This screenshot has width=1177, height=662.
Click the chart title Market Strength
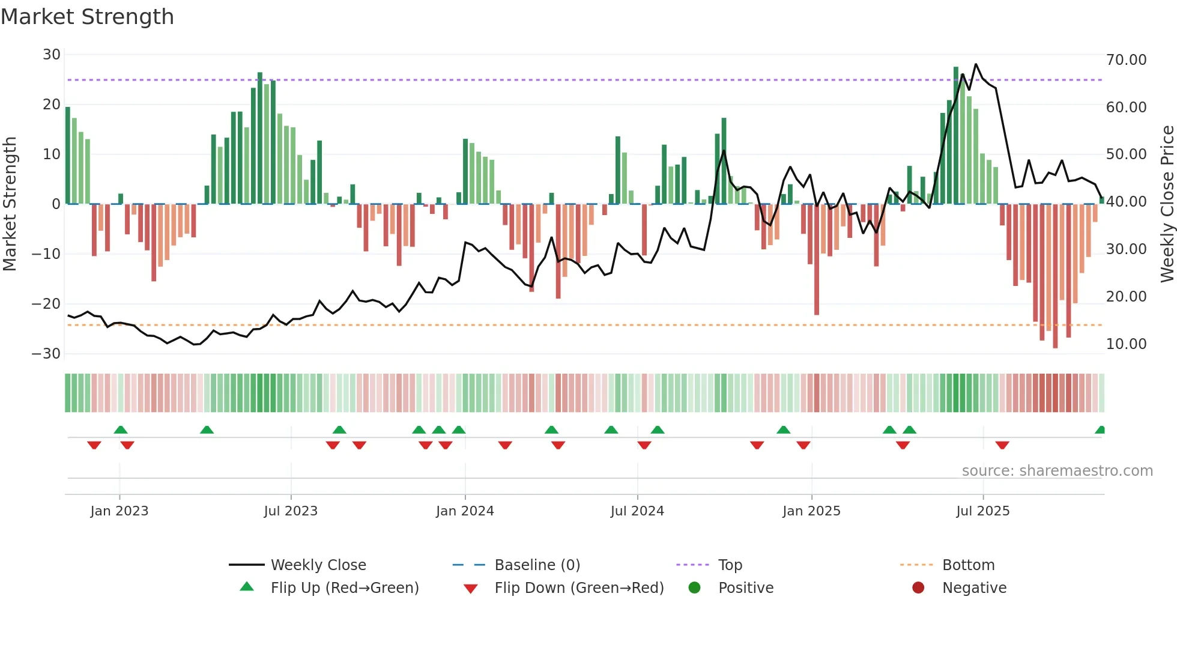(x=87, y=17)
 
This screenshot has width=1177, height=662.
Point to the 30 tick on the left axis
(x=51, y=55)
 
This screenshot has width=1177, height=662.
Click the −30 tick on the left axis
(x=46, y=354)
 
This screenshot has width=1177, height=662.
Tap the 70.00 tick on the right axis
(x=1126, y=60)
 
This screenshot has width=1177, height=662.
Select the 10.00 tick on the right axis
(x=1126, y=344)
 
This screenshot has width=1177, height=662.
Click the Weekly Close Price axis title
(x=1167, y=204)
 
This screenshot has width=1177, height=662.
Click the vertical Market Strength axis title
(x=10, y=204)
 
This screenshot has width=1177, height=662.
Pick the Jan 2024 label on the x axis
(x=465, y=511)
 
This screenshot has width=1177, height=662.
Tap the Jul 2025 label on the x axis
(x=982, y=511)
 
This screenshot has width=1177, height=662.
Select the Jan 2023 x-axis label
(x=119, y=511)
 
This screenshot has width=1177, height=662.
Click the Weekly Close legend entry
(x=318, y=565)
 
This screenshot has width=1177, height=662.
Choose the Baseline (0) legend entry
(x=537, y=565)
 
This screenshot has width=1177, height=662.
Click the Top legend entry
(x=730, y=565)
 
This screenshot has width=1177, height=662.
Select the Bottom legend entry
(x=968, y=565)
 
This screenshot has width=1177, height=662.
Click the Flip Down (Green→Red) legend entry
(x=578, y=588)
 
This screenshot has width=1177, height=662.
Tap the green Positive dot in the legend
(x=694, y=588)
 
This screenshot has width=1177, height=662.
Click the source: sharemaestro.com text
(x=1057, y=471)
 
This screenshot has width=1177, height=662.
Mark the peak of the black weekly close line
(x=976, y=64)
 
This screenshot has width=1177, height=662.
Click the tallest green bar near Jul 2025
(x=956, y=68)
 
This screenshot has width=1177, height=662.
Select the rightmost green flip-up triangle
(x=1100, y=430)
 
